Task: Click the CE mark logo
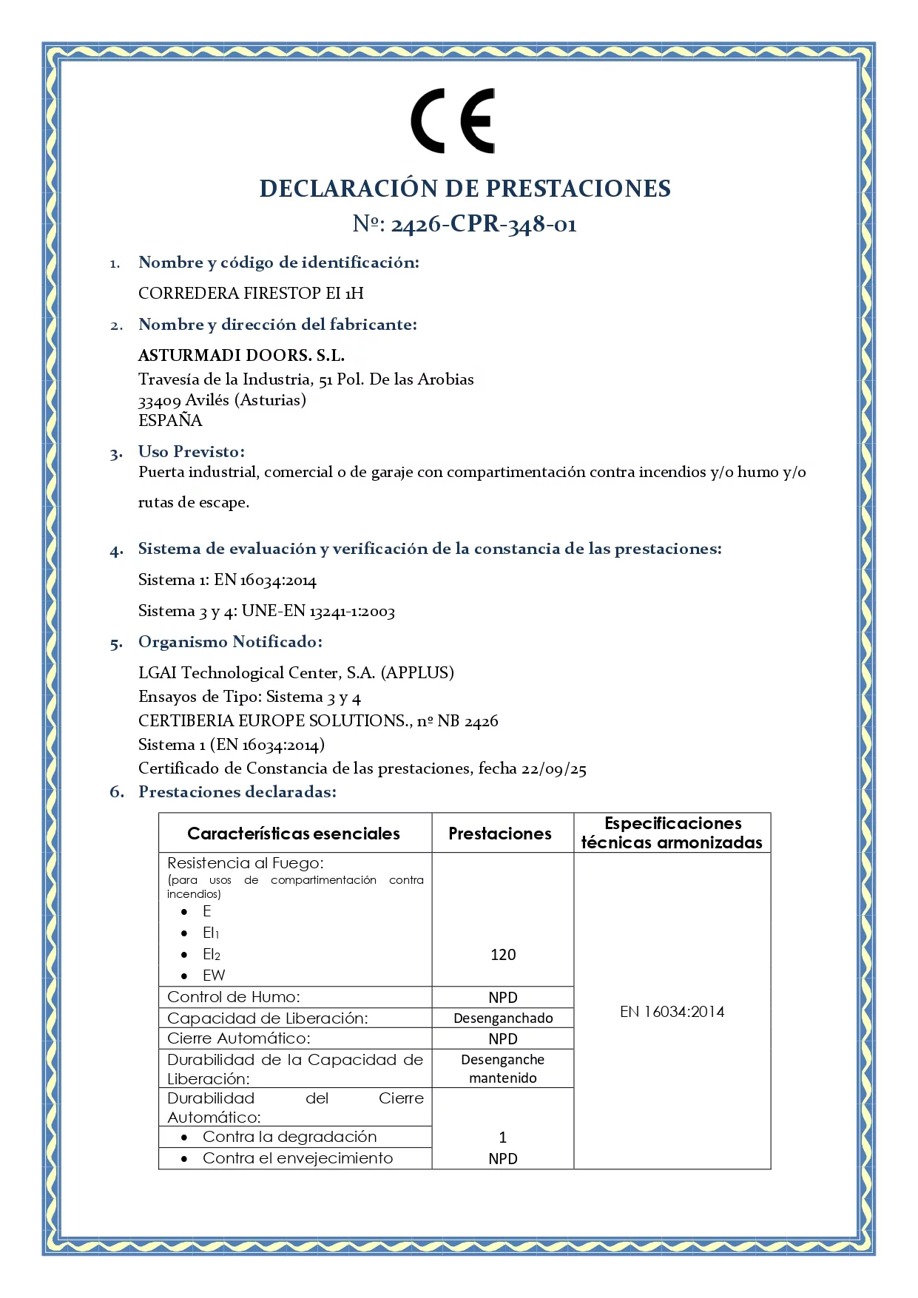click(453, 121)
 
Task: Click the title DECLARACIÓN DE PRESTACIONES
click(465, 189)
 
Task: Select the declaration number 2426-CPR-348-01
click(483, 223)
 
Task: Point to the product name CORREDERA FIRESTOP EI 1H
click(251, 293)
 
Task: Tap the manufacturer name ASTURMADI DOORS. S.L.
click(241, 355)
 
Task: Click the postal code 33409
click(159, 401)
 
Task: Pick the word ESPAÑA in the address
click(170, 420)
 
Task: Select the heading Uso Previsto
click(191, 451)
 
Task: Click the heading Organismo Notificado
click(230, 641)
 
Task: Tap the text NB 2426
click(468, 720)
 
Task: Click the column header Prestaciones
click(500, 834)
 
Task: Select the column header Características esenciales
click(294, 834)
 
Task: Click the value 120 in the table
click(503, 954)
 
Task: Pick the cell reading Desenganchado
click(503, 1018)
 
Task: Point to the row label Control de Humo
click(234, 996)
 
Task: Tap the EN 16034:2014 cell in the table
click(672, 1011)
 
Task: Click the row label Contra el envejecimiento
click(297, 1157)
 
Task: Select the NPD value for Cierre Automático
click(503, 1038)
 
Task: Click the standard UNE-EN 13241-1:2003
click(318, 611)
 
